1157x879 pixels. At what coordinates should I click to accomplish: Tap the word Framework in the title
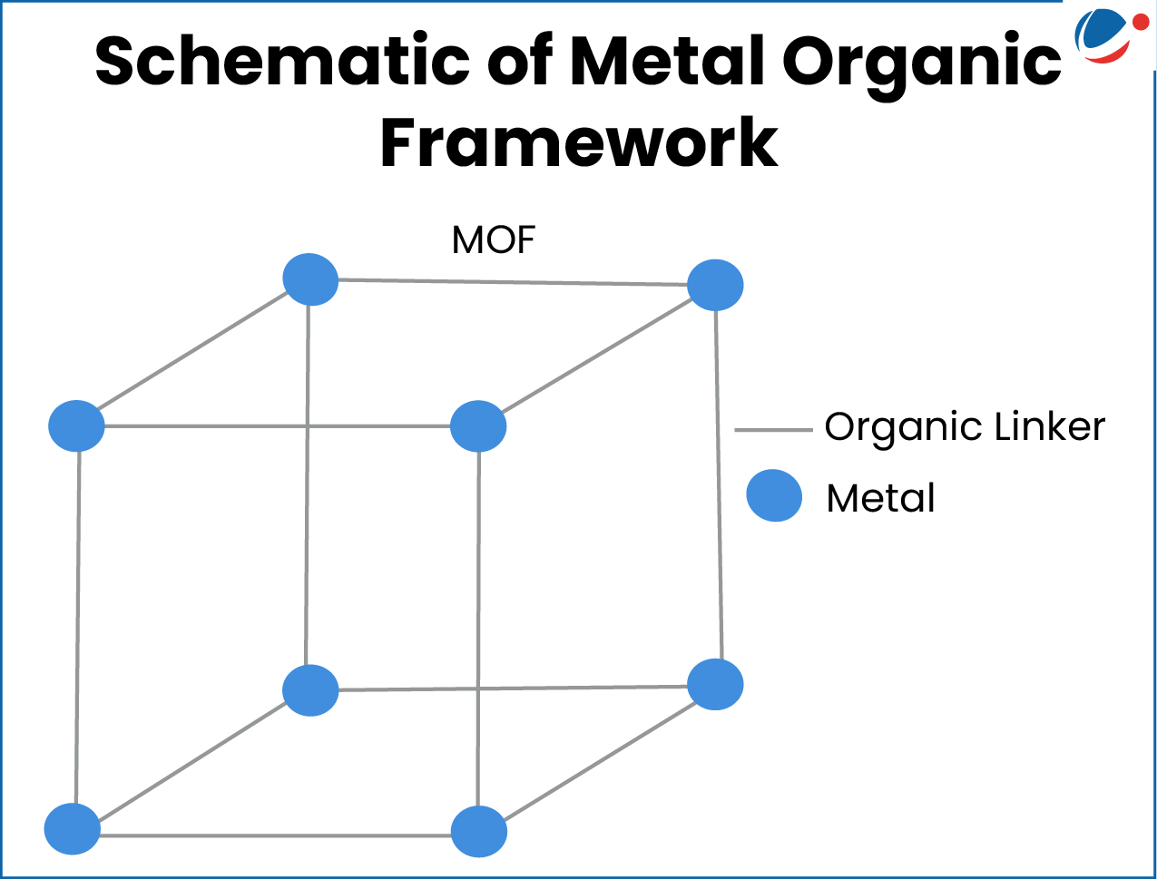(x=579, y=143)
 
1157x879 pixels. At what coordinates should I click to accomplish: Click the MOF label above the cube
(x=494, y=240)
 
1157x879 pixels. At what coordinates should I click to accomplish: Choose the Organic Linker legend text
(x=965, y=426)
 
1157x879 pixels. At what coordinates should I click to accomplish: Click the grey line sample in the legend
(x=772, y=430)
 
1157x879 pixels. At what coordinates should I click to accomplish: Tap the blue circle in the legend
(x=774, y=495)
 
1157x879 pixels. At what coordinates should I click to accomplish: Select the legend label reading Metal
(x=880, y=498)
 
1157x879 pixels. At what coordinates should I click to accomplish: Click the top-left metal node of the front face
(x=76, y=425)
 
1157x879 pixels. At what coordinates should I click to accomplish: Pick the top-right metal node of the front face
(x=478, y=425)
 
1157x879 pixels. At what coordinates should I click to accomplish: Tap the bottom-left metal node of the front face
(x=73, y=828)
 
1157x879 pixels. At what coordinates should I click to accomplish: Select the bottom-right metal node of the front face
(x=478, y=831)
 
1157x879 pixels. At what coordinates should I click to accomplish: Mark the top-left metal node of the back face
(x=310, y=278)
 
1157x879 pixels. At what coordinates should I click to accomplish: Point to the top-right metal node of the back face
(x=715, y=285)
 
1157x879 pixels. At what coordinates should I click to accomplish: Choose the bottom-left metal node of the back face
(x=310, y=690)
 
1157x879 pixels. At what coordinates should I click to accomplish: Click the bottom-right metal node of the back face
(x=715, y=684)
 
